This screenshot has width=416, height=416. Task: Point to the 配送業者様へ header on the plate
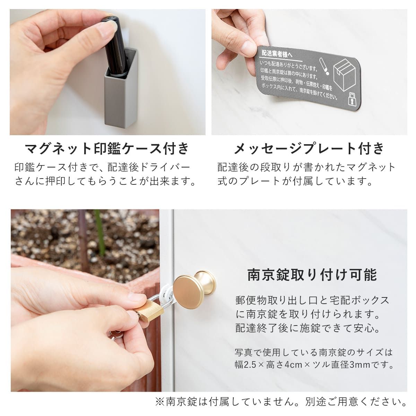coord(277,54)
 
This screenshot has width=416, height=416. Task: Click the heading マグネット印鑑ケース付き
coord(107,148)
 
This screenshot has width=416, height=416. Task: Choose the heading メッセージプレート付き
coord(309,148)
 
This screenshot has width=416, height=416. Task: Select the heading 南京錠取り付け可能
coord(312,275)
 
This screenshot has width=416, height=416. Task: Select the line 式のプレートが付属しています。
coord(295,181)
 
